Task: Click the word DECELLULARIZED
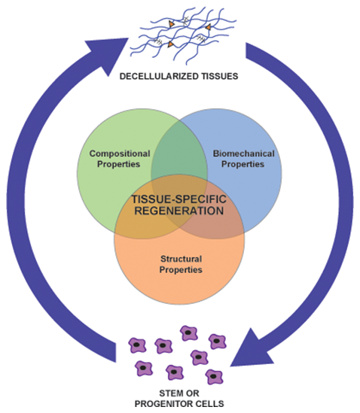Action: point(159,77)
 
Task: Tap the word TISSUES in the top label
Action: point(220,77)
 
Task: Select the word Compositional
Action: point(120,153)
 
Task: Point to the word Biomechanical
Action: point(244,153)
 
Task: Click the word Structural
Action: point(182,259)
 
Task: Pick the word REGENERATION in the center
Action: point(179,211)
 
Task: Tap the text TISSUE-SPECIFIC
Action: point(179,199)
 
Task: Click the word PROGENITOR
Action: point(164,403)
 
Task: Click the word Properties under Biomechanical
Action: point(243,164)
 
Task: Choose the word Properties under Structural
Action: point(181,270)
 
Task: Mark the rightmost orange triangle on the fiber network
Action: point(209,26)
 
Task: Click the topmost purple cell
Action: point(189,333)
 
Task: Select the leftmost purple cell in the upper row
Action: point(137,345)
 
